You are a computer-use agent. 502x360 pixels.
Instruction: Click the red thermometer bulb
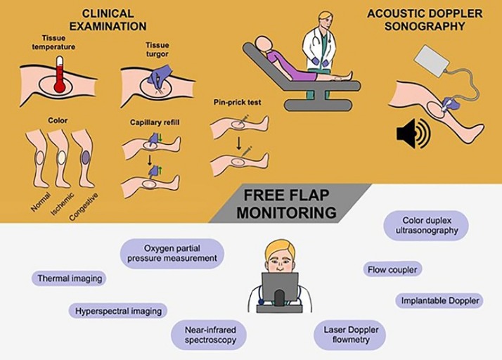[x=60, y=86]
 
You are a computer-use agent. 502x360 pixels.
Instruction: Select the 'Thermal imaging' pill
[x=69, y=278]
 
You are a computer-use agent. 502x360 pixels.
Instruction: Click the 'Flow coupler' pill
[x=392, y=269]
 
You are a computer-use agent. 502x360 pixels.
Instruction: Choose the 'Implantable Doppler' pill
[x=439, y=301]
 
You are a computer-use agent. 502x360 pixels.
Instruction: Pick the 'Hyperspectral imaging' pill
[x=118, y=311]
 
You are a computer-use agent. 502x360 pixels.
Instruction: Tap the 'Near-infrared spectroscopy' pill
[x=210, y=335]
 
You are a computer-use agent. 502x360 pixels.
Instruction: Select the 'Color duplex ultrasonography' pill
[x=427, y=225]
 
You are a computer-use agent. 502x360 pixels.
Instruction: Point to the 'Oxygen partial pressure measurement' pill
[x=172, y=253]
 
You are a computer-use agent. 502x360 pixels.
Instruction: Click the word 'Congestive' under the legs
[x=83, y=207]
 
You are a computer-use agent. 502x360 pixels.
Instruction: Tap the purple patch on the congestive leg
[x=86, y=157]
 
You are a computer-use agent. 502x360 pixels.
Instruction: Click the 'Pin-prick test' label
[x=237, y=103]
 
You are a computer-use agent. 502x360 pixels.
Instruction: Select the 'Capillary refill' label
[x=155, y=122]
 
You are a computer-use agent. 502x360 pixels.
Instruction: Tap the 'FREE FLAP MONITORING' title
[x=287, y=204]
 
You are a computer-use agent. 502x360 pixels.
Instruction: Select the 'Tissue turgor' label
[x=157, y=49]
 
